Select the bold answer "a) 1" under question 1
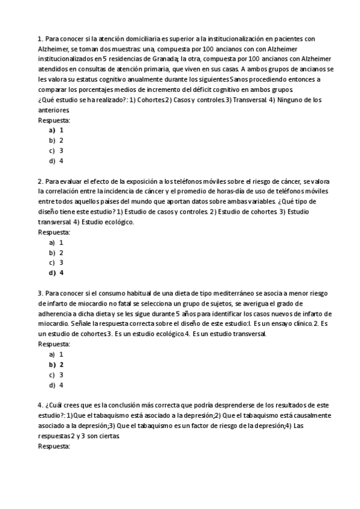[56, 130]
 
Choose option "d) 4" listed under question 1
[56, 161]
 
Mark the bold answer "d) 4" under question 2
[56, 273]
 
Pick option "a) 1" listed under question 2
[56, 242]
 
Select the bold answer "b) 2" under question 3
[56, 365]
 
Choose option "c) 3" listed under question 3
[56, 375]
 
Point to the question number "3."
[40, 294]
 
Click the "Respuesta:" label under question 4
[54, 447]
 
